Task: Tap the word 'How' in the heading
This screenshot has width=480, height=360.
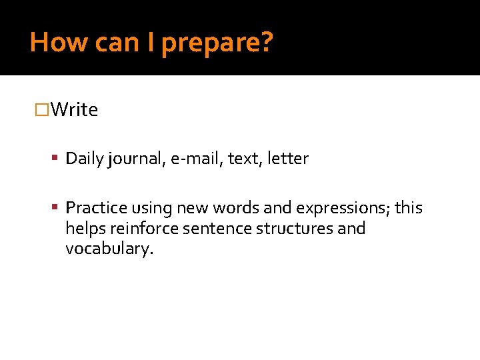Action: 58,43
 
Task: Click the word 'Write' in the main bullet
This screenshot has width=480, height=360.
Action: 74,110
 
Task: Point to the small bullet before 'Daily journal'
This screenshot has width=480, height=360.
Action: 57,159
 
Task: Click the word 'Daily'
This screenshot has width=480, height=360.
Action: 83,159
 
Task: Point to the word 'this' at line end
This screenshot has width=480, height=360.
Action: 408,209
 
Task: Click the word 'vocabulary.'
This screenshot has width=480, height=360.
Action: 109,249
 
